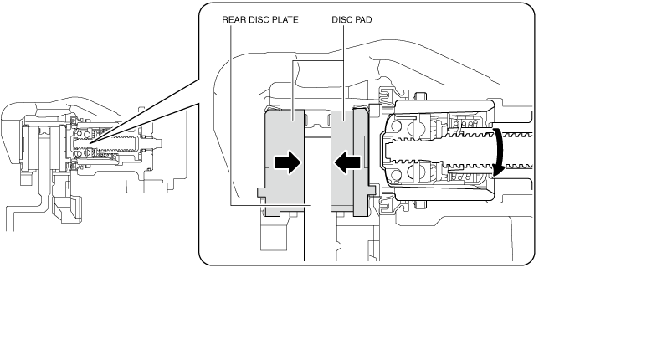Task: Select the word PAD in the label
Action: coord(362,20)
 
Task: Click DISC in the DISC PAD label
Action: coord(341,20)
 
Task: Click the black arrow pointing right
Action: coord(287,162)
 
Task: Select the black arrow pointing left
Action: coord(347,162)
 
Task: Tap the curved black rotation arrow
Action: coord(499,153)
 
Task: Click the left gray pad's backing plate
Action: coord(272,163)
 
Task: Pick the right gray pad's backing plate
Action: coord(361,163)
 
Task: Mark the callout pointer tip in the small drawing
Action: coord(89,144)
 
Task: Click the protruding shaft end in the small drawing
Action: coord(157,143)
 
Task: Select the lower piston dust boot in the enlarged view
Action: coord(388,205)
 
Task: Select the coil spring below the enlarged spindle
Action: coord(465,178)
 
